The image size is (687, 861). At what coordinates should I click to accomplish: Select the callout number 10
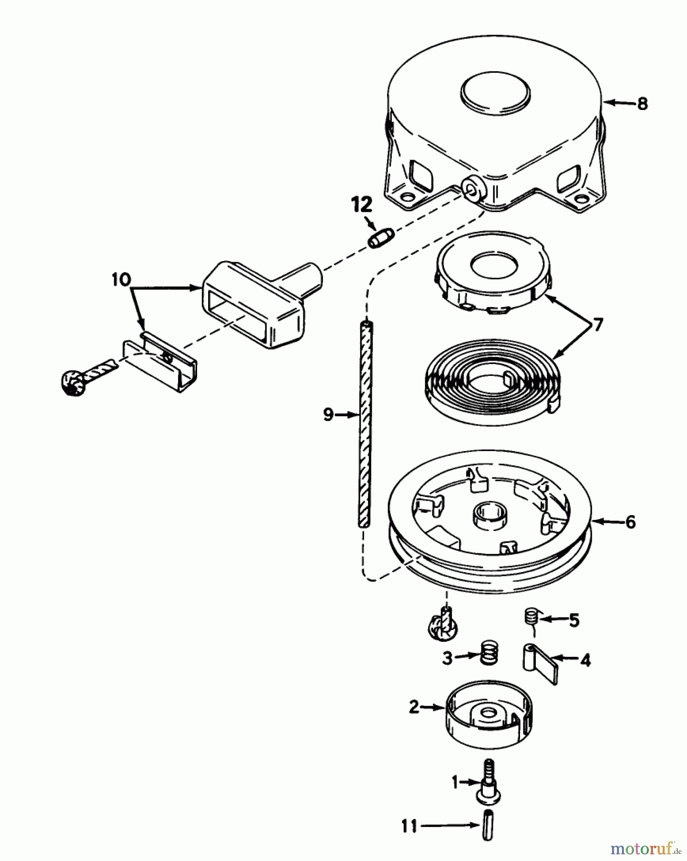point(121,279)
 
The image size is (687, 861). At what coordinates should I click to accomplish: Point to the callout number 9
point(328,415)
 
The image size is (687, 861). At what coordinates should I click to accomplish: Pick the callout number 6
point(630,522)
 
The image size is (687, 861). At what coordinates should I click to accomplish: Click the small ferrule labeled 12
point(381,237)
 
